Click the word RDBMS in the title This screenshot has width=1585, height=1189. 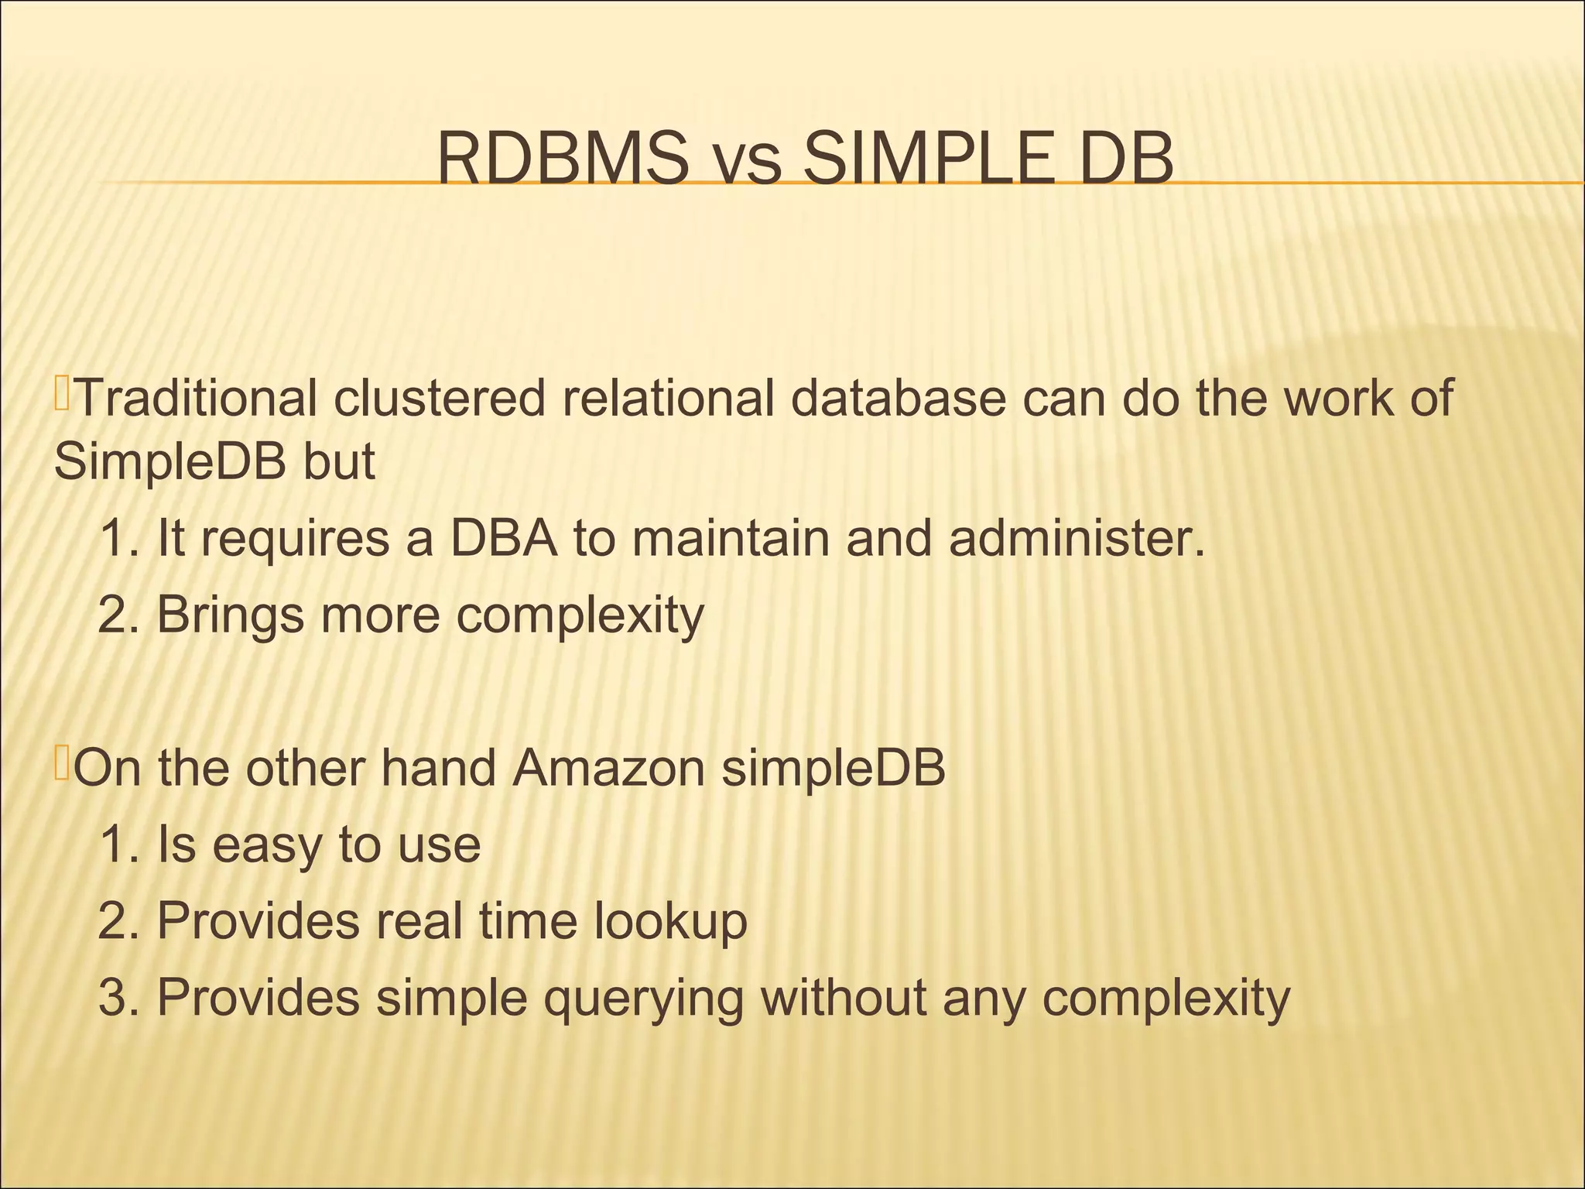point(563,160)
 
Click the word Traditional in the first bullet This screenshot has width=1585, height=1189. point(197,399)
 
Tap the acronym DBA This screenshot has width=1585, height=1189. point(503,540)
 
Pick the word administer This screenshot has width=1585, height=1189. point(1077,540)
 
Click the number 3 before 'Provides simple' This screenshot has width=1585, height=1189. point(112,999)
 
